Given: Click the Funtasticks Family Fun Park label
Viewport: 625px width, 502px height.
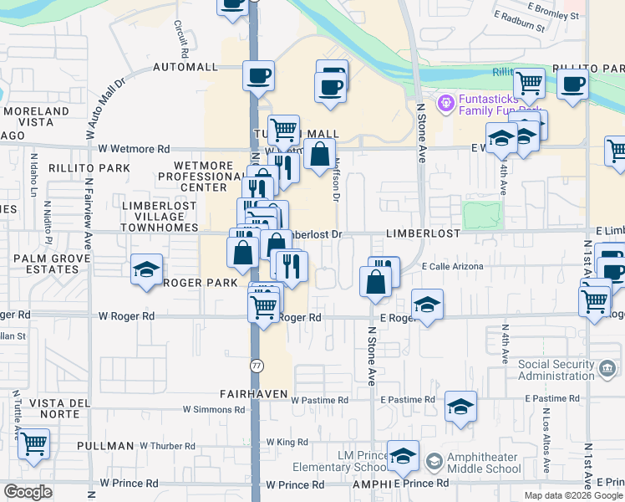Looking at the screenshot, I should point(499,103).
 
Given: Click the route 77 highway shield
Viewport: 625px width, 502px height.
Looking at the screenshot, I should point(257,366).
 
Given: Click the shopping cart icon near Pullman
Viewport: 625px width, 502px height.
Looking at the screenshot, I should point(33,444).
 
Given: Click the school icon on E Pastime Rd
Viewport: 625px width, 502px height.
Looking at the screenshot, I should point(460,407).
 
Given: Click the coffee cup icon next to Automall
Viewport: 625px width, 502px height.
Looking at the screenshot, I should point(258,75).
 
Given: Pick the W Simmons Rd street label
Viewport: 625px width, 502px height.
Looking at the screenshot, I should point(213,410).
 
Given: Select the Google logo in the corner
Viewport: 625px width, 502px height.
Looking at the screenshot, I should point(28,492).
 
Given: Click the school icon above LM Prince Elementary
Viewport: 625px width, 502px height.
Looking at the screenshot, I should point(404,455).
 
